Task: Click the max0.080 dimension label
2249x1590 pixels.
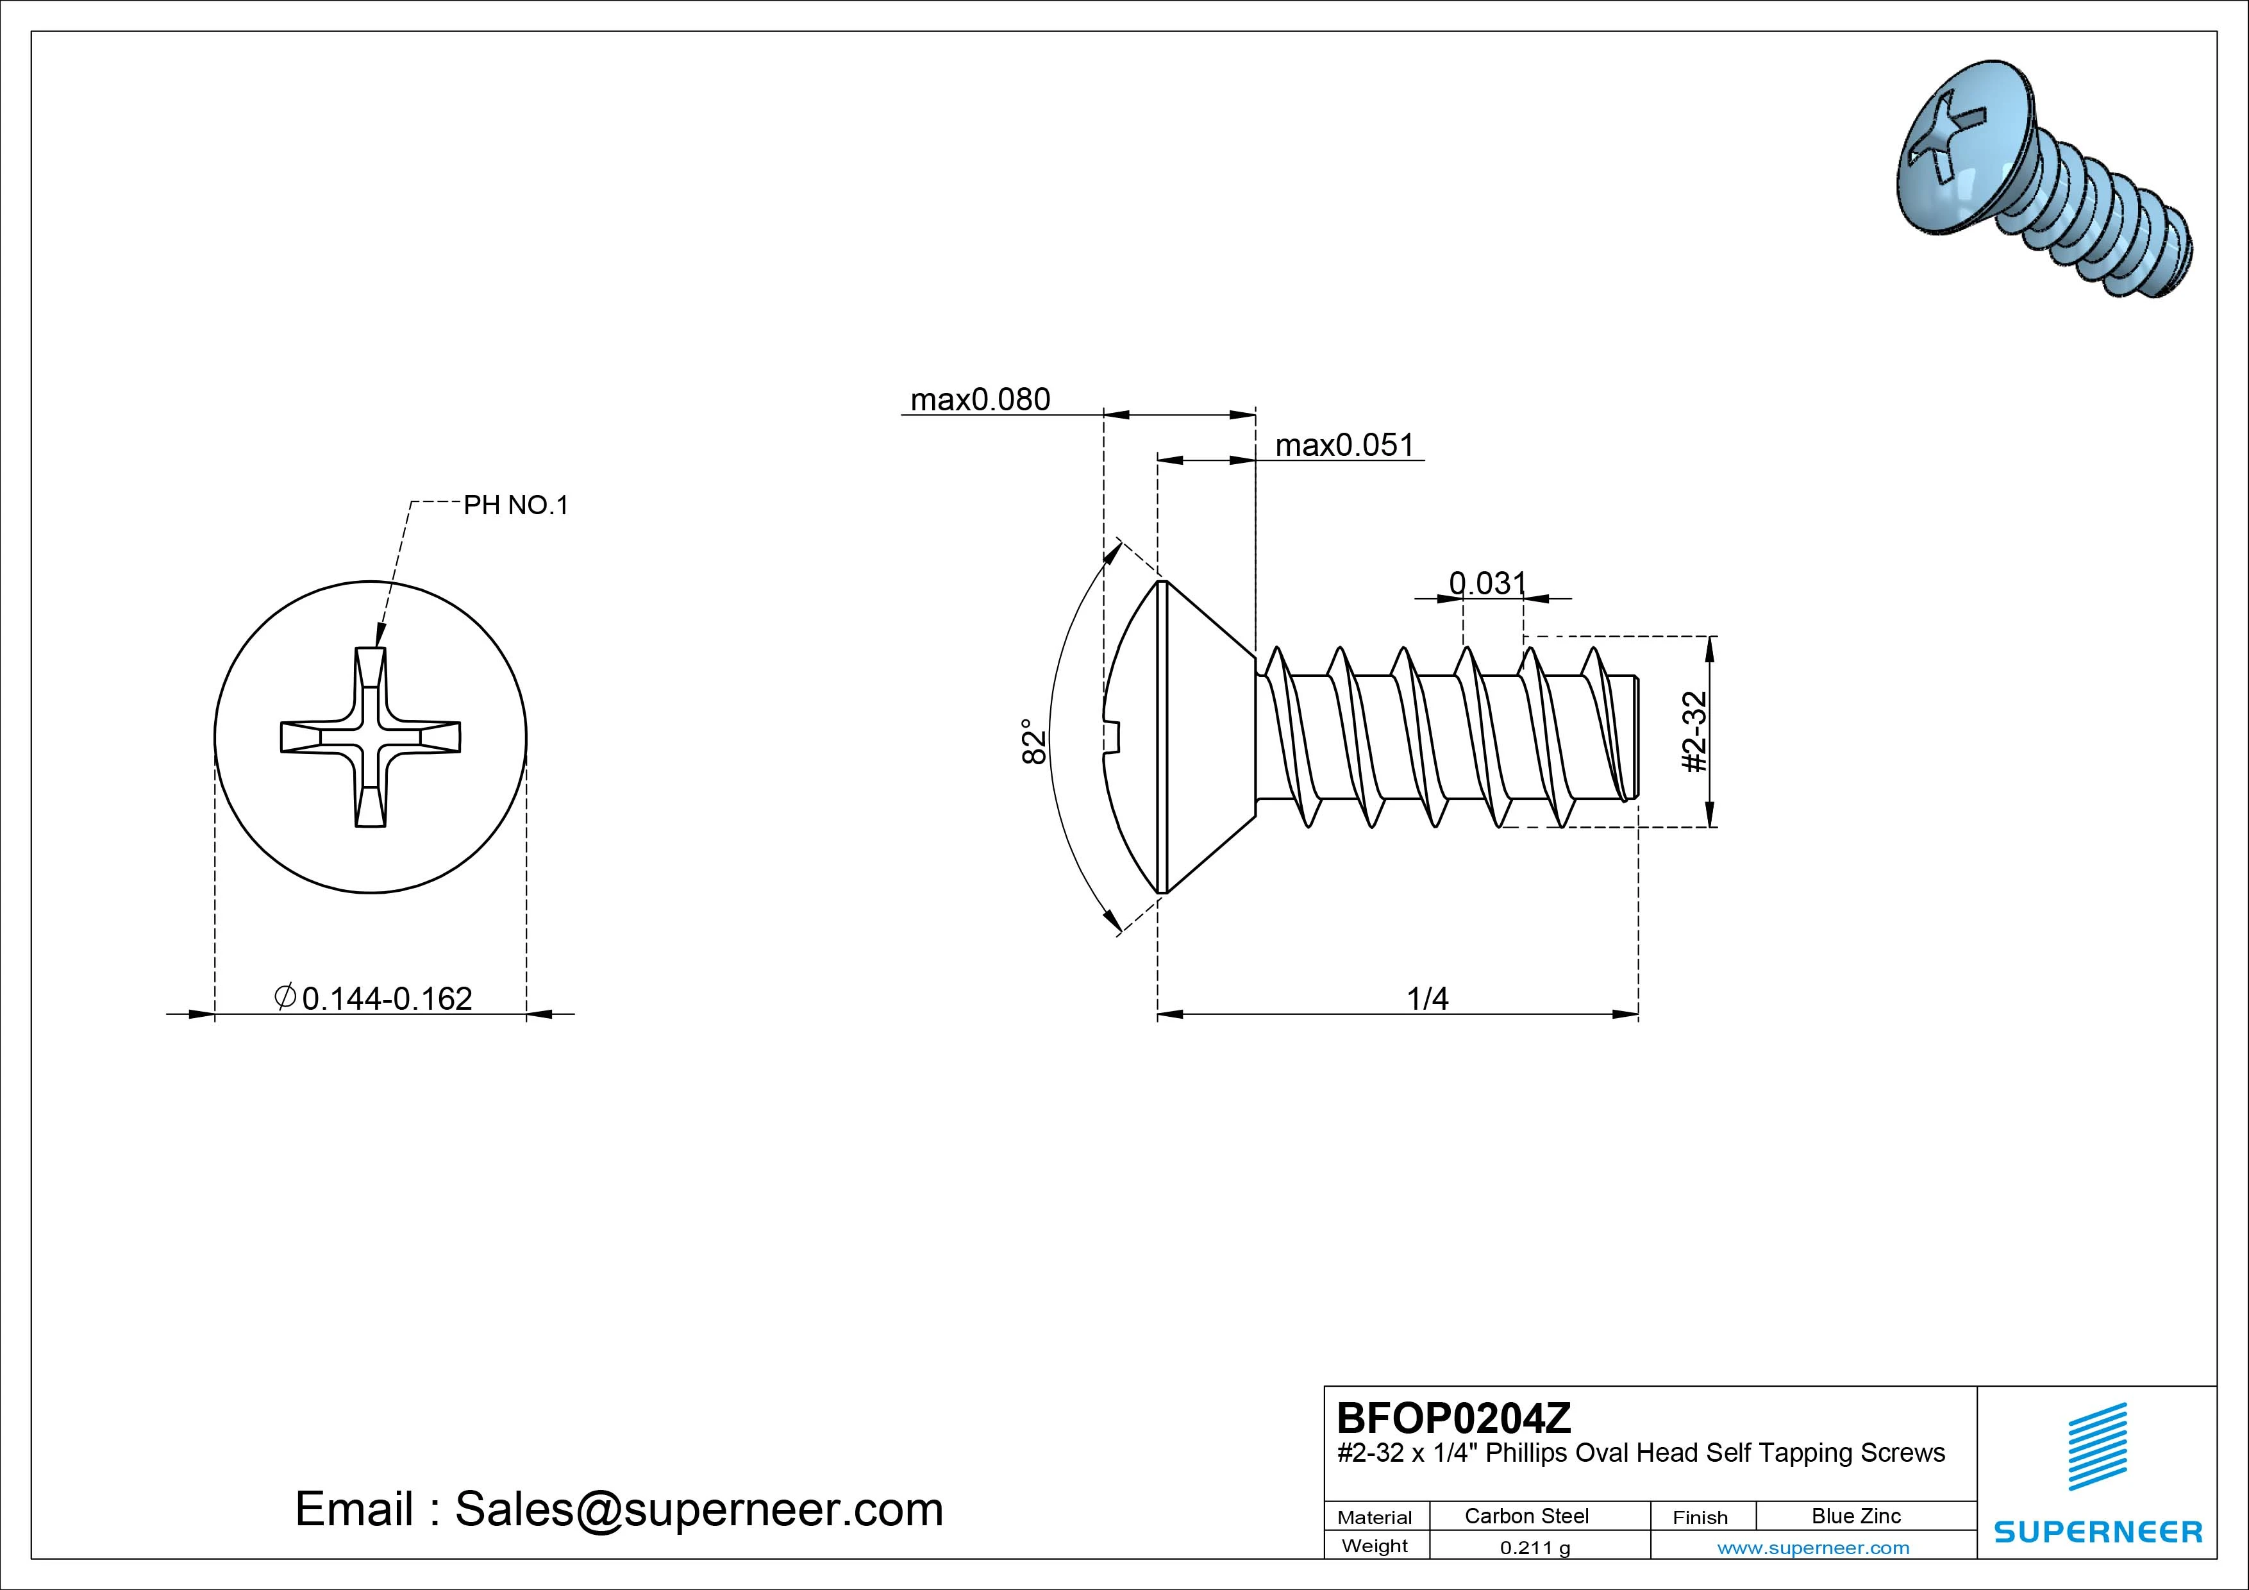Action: point(980,399)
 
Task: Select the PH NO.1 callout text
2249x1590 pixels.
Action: point(515,505)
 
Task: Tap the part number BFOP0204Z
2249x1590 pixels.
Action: point(1453,1418)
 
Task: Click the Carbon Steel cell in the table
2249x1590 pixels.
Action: point(1526,1516)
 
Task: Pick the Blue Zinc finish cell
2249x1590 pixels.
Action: point(1855,1516)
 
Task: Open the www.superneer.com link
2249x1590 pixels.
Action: point(1813,1548)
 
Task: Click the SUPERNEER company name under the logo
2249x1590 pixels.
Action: point(2098,1531)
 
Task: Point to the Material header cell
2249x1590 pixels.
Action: point(1375,1518)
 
